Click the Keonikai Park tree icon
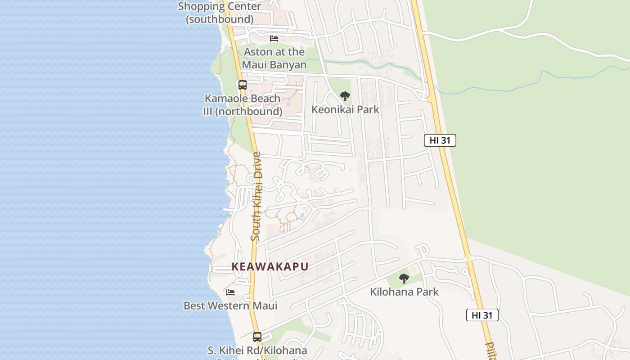(x=345, y=96)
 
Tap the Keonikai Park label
(x=346, y=109)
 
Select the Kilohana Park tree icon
(x=404, y=279)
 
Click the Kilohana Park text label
(x=404, y=292)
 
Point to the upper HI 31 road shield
(x=440, y=140)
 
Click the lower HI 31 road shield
(x=482, y=315)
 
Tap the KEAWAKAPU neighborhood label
(x=270, y=266)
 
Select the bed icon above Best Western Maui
(x=230, y=292)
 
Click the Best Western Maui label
(x=230, y=306)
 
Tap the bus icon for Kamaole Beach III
(x=243, y=85)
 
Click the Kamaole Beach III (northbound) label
(x=243, y=105)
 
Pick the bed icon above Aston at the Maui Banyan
(x=274, y=39)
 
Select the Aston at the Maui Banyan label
(x=274, y=58)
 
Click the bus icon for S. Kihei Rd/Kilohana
(x=257, y=337)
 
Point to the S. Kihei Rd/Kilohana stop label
(x=257, y=351)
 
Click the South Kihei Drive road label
(x=256, y=196)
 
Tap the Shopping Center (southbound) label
(x=220, y=13)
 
